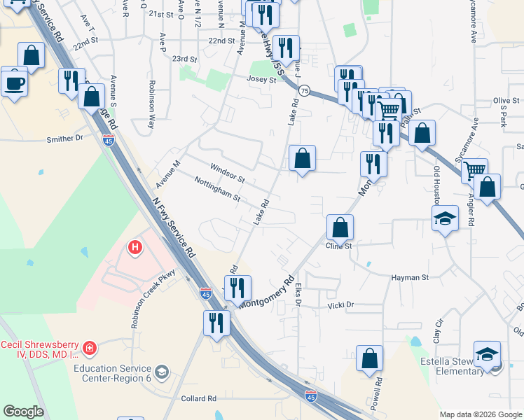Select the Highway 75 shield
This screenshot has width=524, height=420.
click(303, 91)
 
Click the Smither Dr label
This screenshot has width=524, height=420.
click(64, 139)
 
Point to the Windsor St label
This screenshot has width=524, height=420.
click(227, 170)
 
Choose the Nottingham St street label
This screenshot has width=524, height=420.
click(217, 189)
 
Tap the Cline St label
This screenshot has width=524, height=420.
click(338, 246)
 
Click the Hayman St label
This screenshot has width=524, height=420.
click(410, 277)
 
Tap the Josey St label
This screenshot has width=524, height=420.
click(261, 80)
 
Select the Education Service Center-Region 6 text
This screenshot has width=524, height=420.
click(112, 372)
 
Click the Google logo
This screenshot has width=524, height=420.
click(22, 412)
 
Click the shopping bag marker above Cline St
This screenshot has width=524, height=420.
click(340, 227)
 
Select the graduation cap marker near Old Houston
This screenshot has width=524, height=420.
click(446, 219)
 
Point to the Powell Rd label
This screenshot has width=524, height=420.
click(378, 393)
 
